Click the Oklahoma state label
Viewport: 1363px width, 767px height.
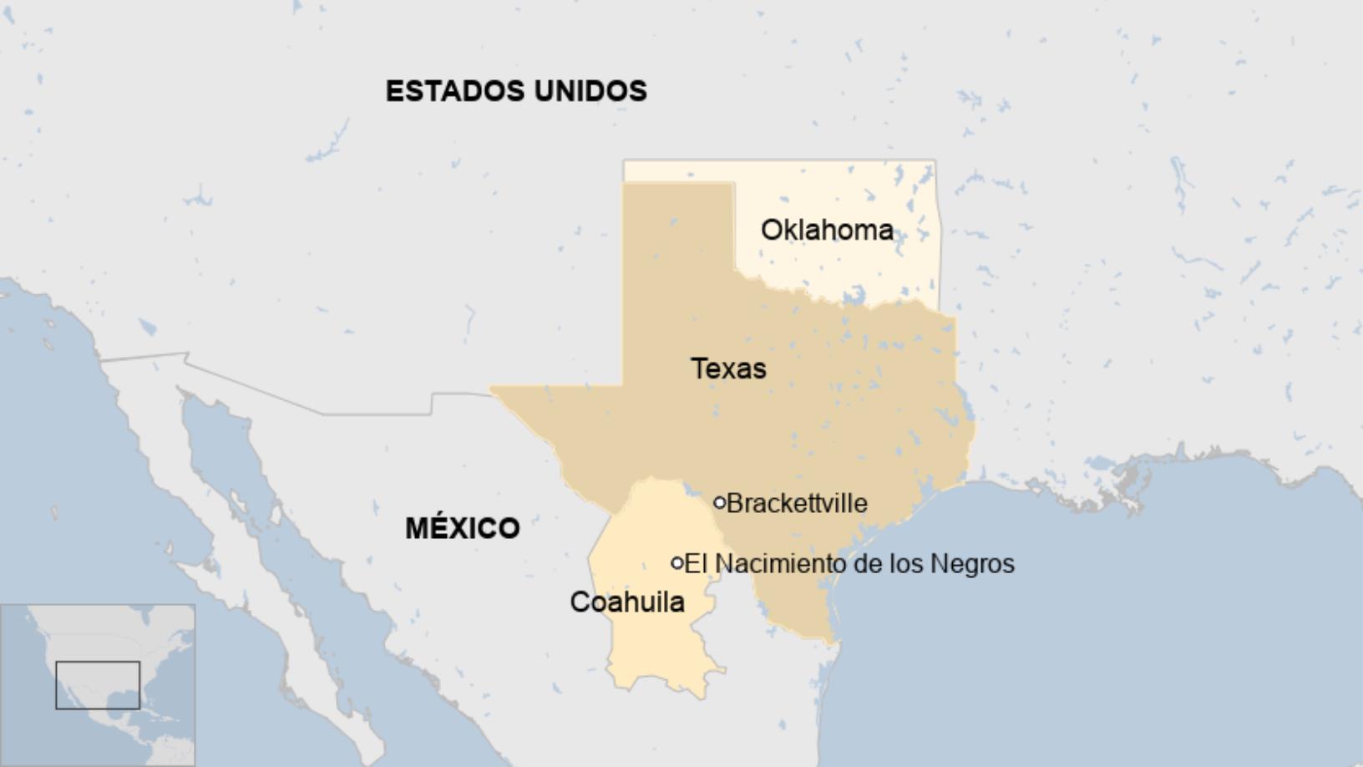[827, 230]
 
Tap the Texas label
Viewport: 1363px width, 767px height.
[728, 368]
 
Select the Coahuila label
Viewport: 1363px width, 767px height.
[627, 602]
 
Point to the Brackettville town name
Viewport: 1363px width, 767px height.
[797, 503]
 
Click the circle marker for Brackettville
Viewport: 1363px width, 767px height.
[719, 503]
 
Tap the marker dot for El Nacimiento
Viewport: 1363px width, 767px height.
[677, 563]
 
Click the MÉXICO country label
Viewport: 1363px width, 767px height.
[463, 528]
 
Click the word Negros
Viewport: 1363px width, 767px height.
[972, 564]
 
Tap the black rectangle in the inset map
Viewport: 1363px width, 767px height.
[98, 685]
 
